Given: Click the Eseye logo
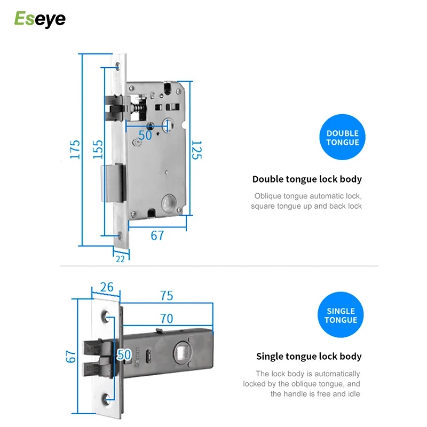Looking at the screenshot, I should (39, 19).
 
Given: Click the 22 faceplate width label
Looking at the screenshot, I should (120, 258).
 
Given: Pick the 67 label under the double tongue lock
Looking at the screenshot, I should (157, 235).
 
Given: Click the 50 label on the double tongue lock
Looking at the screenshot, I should (145, 135).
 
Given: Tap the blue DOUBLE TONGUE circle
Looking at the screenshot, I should (343, 138).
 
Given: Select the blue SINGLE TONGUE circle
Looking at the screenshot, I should (341, 315).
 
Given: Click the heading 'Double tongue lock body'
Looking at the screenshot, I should (307, 179).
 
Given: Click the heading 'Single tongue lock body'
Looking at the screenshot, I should (309, 357).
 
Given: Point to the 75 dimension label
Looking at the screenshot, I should (167, 296).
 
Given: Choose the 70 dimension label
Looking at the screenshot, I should (167, 319).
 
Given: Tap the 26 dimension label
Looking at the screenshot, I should (107, 288).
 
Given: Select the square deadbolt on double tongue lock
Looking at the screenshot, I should (112, 183).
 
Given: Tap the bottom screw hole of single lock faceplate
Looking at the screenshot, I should (109, 397).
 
